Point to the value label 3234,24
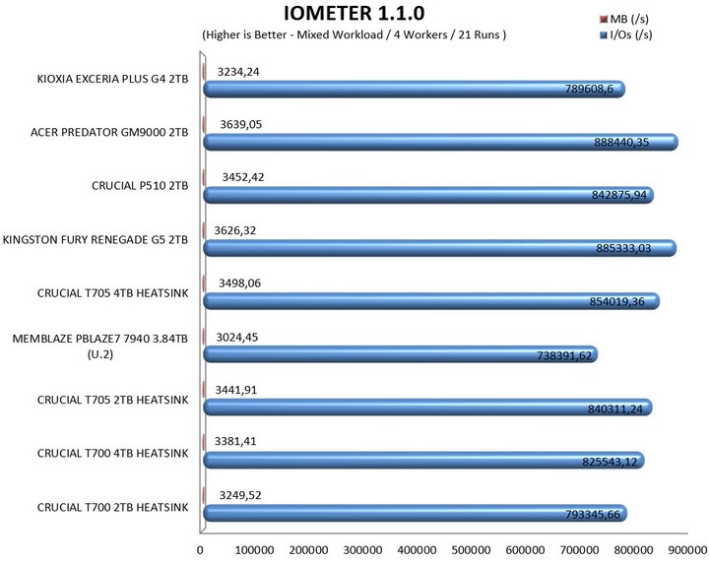point(240,71)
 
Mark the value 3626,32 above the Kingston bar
point(240,230)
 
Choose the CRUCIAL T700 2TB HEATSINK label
point(112,505)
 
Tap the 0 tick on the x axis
point(201,549)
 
